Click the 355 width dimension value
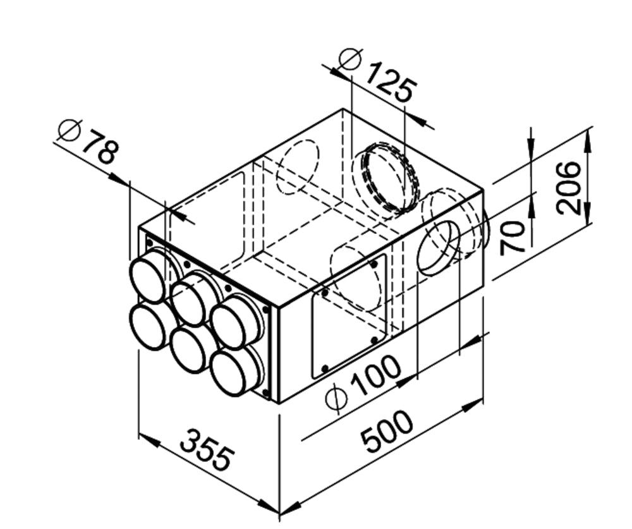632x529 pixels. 207,449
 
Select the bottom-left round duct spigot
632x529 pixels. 149,325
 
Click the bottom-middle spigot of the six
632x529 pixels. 190,349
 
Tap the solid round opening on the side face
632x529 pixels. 438,248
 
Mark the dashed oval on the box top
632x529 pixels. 298,166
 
